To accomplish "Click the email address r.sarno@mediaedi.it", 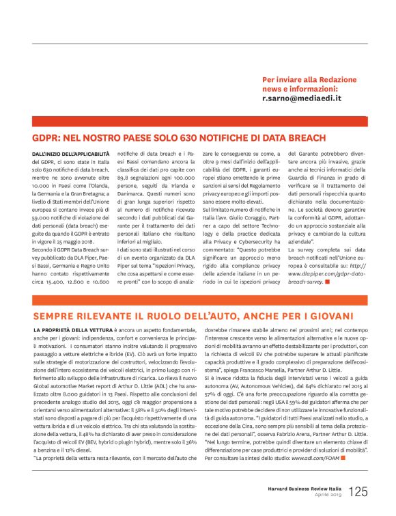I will [x=301, y=98].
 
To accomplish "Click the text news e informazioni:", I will [x=300, y=89].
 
